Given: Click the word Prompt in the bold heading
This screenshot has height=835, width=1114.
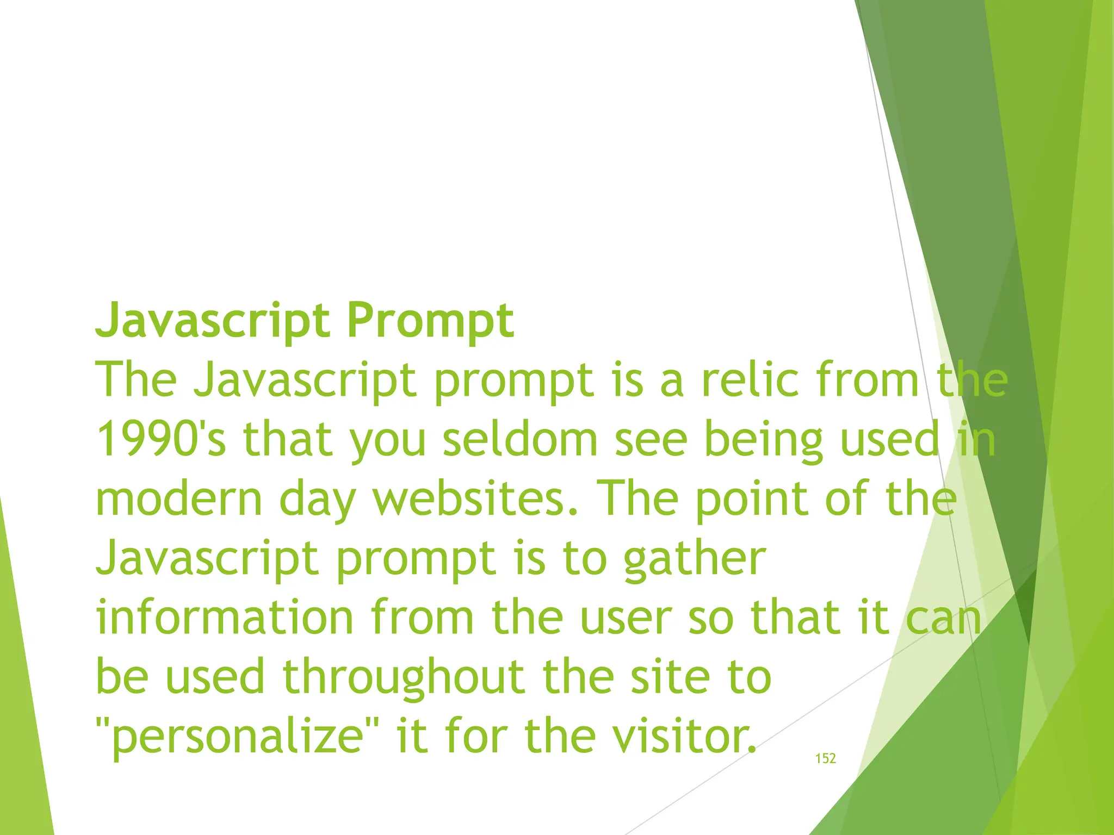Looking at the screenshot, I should point(430,321).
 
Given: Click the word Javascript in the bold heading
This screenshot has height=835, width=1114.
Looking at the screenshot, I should point(213,321).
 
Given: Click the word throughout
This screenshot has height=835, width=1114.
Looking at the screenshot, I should point(404,677).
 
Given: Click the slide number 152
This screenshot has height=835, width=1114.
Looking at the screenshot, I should point(825,759).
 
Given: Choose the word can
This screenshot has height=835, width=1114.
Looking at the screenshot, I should point(944,618).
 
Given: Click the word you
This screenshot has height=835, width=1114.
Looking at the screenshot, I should point(388,440).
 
